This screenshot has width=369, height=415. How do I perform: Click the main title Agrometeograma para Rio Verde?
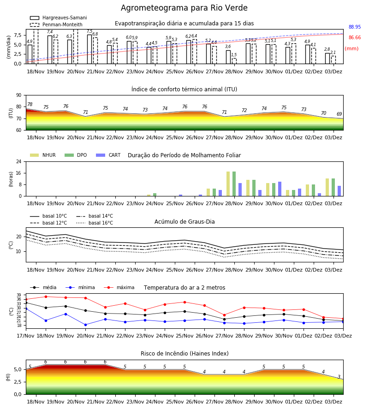[184, 8]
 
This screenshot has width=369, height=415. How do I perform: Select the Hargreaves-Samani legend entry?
[58, 18]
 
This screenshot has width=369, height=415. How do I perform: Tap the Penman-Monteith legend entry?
[56, 24]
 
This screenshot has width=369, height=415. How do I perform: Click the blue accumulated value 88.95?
[355, 27]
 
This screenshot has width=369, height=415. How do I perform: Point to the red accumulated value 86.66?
[355, 38]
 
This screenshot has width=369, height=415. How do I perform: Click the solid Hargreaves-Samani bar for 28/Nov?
[228, 57]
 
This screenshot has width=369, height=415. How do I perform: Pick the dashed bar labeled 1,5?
[234, 61]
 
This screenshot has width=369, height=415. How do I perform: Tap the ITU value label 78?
[30, 104]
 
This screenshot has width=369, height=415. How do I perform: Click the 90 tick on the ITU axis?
[19, 95]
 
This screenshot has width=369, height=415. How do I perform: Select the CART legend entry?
[108, 155]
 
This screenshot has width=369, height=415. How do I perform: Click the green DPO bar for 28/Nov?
[234, 184]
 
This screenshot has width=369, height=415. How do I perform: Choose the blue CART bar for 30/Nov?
[280, 189]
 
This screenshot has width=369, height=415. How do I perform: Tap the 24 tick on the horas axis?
[19, 161]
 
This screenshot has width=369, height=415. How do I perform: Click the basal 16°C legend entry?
[95, 223]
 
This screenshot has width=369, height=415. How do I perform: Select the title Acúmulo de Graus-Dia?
[184, 222]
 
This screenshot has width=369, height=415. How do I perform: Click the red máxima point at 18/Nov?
[46, 296]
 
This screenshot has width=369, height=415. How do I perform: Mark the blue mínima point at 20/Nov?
[85, 325]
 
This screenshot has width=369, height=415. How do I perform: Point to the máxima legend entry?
[119, 287]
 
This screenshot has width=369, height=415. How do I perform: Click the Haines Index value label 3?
[339, 377]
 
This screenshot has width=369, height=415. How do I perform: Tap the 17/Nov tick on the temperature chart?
[25, 336]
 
